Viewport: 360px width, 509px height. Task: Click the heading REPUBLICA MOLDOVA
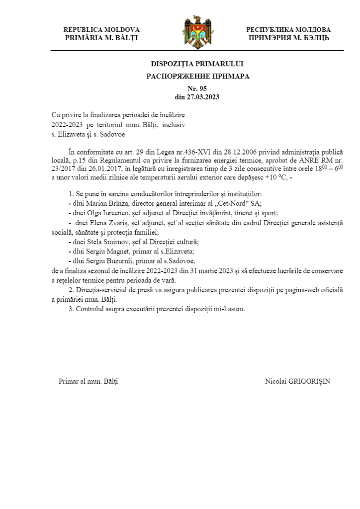(x=101, y=30)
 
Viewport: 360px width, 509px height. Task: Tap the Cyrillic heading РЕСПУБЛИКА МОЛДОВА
(x=288, y=30)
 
